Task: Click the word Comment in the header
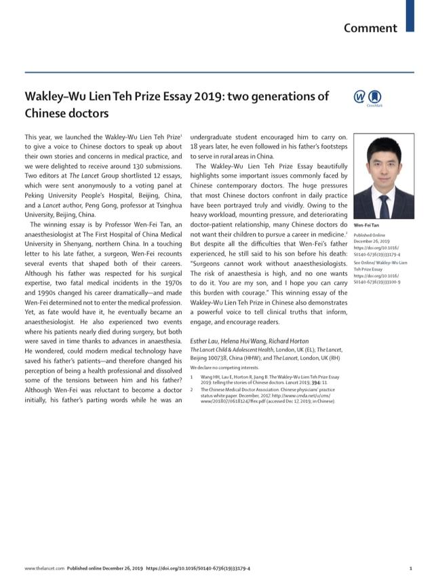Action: pos(370,28)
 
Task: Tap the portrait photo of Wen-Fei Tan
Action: pos(384,176)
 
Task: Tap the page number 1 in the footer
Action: pos(411,568)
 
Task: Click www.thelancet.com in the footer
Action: pos(44,568)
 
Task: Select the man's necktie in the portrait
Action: pos(384,203)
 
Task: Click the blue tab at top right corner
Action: pos(410,15)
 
